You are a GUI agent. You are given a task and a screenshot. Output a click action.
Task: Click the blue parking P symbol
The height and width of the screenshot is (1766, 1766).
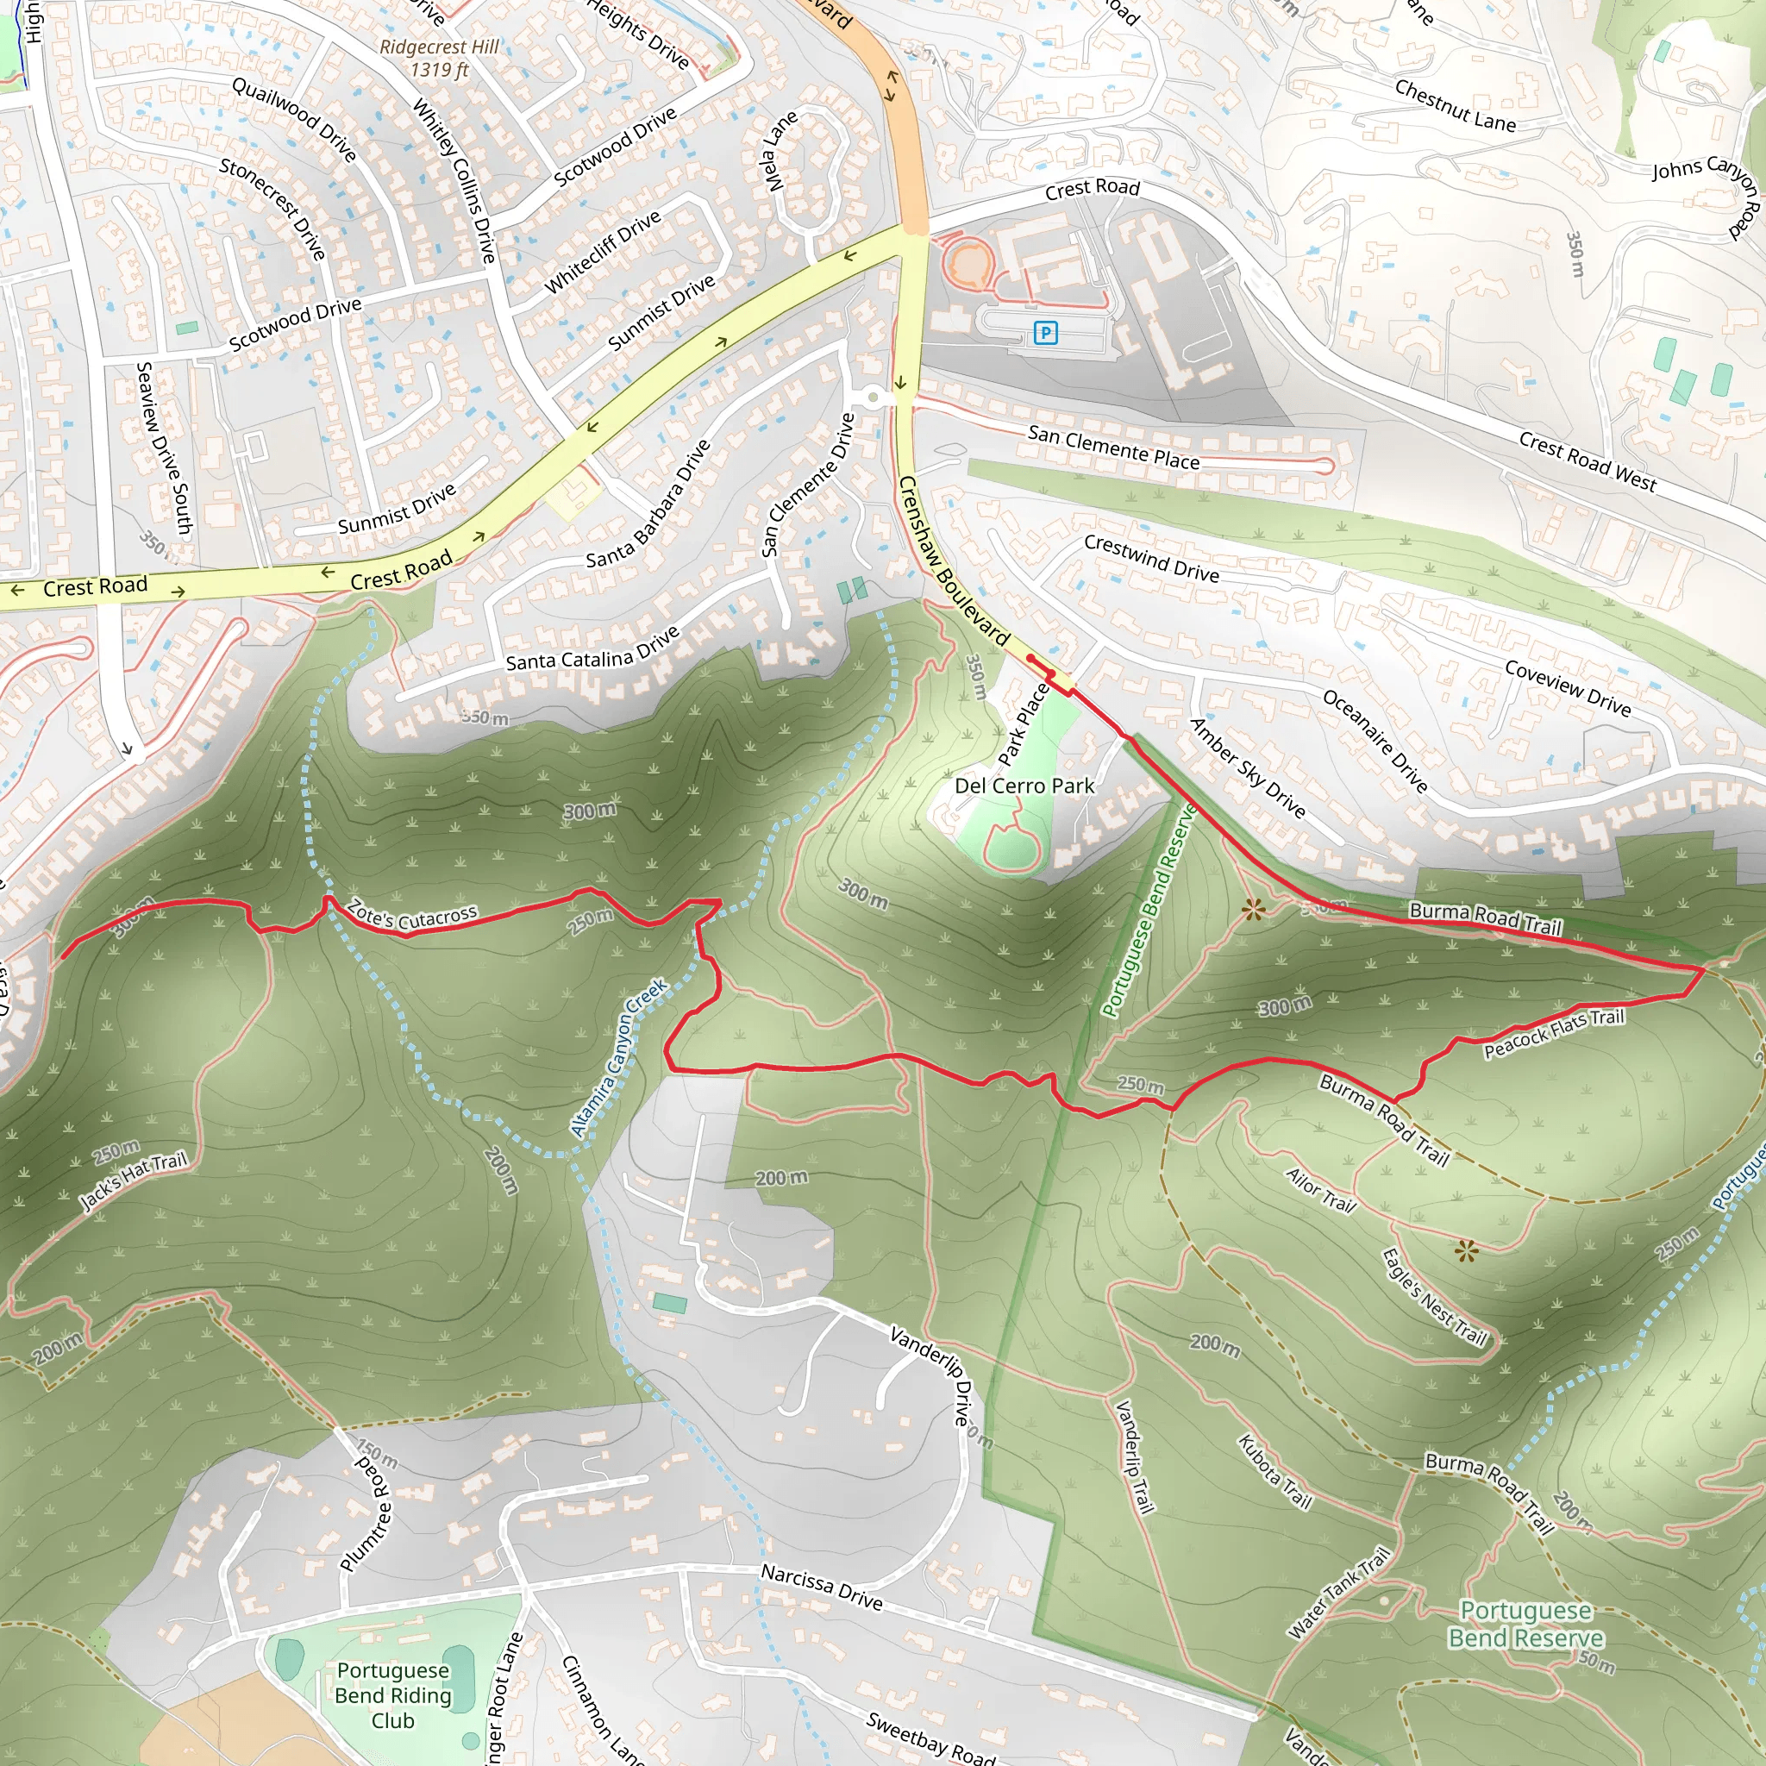click(1045, 333)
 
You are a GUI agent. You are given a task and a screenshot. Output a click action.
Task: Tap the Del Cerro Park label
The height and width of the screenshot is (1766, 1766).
click(1024, 786)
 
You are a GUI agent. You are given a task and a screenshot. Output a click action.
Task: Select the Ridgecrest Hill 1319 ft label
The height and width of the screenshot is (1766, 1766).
click(439, 59)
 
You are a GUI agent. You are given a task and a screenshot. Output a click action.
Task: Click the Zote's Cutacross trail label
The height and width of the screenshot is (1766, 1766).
click(412, 915)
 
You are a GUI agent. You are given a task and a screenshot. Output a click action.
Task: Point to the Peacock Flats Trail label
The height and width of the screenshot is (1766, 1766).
click(1554, 1033)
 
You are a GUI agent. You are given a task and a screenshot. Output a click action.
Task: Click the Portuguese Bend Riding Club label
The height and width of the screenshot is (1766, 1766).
click(393, 1695)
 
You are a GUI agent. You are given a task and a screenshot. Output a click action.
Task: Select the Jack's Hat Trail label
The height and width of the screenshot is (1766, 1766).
click(133, 1180)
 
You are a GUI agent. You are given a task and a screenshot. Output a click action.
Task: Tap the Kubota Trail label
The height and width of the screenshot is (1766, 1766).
click(1274, 1472)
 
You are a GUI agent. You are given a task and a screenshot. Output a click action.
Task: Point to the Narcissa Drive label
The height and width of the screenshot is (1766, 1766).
click(822, 1587)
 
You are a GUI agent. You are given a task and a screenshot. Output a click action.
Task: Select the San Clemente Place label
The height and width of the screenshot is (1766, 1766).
click(1113, 448)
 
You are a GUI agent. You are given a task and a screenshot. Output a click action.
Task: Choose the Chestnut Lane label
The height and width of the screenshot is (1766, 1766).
click(1455, 105)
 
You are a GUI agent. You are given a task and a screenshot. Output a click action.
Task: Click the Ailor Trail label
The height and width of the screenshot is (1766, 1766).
click(1320, 1189)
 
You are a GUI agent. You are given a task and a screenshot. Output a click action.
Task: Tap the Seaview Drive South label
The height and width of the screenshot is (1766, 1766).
click(163, 448)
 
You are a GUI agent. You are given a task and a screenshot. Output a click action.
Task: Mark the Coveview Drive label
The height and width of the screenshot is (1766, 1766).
click(1568, 687)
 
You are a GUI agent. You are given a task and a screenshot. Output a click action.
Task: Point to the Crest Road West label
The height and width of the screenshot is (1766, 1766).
click(1587, 461)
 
